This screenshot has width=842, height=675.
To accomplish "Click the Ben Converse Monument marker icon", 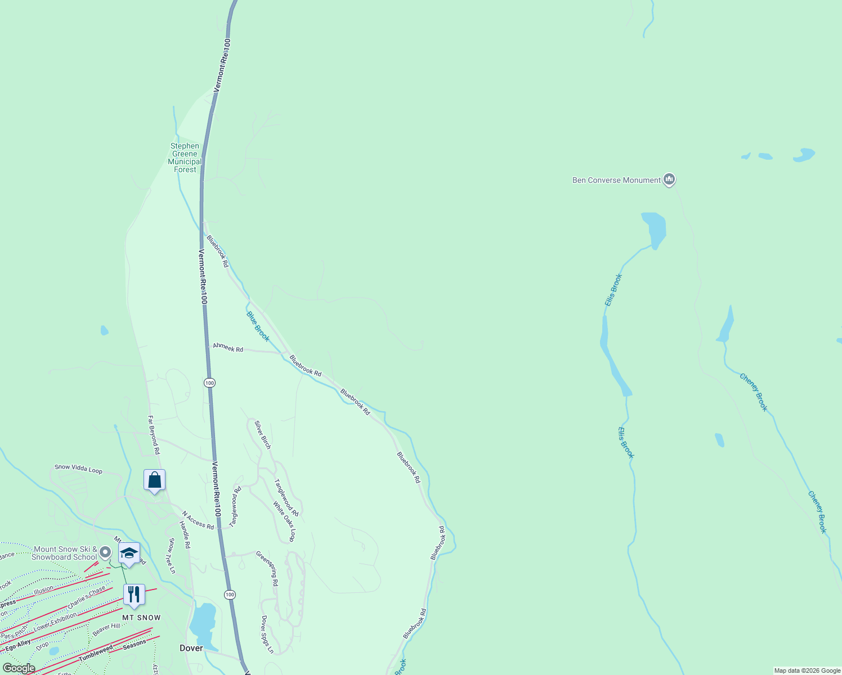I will coord(669,179).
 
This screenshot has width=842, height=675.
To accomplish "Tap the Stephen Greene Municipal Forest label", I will coord(185,157).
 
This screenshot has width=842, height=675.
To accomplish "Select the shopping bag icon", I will coord(154,480).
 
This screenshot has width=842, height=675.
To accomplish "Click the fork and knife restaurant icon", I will coord(134,595).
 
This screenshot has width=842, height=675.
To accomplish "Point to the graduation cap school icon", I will coord(129,553).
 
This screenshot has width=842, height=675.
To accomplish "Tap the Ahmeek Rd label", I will coord(228,348).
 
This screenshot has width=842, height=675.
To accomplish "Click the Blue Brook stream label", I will coord(258,326).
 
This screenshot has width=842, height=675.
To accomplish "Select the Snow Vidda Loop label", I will coord(78,469).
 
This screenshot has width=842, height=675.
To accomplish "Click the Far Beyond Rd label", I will coord(154,435).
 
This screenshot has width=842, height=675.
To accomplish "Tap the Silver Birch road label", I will coord(263,435).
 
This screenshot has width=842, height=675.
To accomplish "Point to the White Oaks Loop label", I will coord(284,521).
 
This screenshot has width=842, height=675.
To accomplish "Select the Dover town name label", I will coord(191,648).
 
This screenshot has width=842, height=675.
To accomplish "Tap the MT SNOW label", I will coord(141,618).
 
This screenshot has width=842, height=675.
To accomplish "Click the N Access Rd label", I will coord(198,520).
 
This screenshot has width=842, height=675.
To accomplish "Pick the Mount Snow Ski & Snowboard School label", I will coord(65,553).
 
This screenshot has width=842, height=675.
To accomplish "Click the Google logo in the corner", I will coord(19,668).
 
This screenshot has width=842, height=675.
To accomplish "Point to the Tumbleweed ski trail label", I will coord(96,653).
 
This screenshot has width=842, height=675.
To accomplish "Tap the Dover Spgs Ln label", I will coord(267,634).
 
